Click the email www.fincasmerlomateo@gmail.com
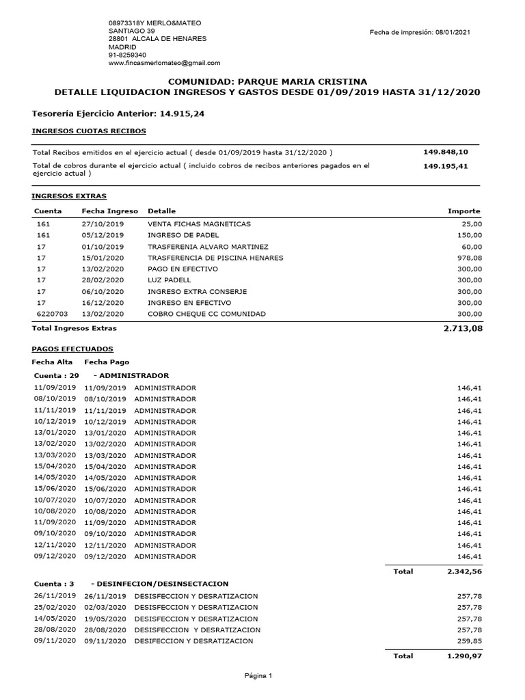click(164, 63)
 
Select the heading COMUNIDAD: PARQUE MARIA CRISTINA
click(262, 81)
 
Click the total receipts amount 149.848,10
click(446, 152)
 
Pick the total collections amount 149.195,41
click(446, 166)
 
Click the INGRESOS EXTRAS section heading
click(69, 196)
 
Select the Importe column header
click(463, 211)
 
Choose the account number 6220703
click(51, 314)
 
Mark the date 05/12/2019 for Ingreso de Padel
click(103, 235)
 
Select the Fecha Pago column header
click(106, 362)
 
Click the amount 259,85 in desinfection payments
click(469, 641)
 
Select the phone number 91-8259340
click(127, 55)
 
